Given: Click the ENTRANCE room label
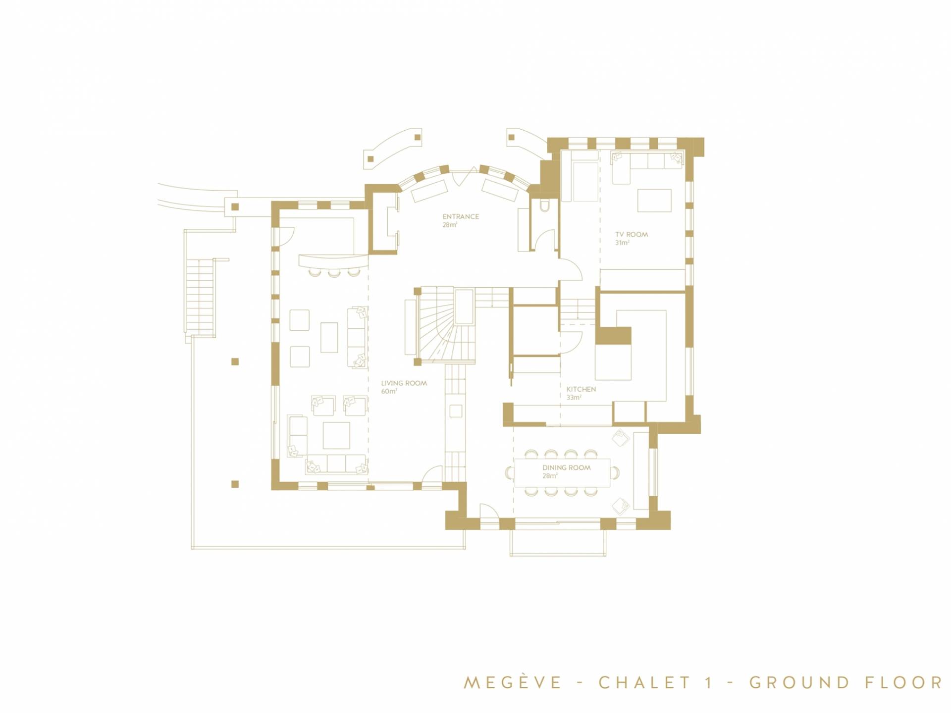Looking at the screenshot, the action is coord(461,216).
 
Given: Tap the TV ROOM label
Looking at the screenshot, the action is coord(632,235).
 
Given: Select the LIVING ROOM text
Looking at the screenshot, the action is coord(404,383).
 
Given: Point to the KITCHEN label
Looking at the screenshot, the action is coord(581,390).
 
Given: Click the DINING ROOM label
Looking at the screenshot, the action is coord(566,467).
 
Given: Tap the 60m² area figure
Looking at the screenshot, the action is coord(389,392).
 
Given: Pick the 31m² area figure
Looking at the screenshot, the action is coord(622,243).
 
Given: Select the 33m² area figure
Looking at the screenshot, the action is coord(574,398).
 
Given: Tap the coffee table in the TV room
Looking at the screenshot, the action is coord(654,201).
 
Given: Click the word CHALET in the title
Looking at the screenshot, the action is coord(644,683).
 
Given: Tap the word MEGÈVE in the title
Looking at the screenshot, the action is coord(513,682).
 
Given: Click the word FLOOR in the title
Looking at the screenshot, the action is coord(904,683).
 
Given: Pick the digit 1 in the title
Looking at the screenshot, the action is coord(709,683).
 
